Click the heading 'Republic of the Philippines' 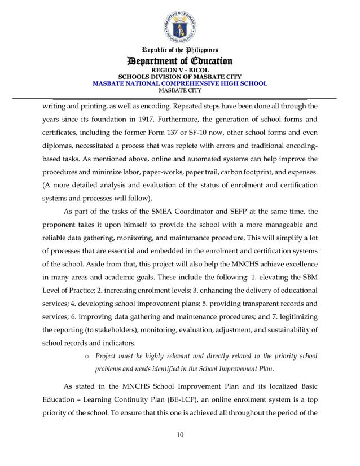coord(179,51)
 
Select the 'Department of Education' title coord(179,61)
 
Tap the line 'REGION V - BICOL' coord(179,70)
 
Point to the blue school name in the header coord(179,83)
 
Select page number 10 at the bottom coord(179,434)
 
